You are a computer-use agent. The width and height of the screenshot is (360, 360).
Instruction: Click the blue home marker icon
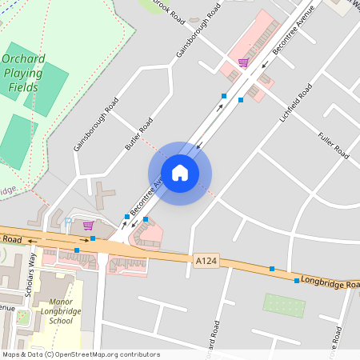click(180, 173)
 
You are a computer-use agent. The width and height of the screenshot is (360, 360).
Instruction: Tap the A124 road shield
click(205, 260)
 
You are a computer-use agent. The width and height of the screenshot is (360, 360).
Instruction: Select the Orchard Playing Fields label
click(34, 73)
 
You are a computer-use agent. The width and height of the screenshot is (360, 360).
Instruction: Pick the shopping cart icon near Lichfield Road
click(243, 62)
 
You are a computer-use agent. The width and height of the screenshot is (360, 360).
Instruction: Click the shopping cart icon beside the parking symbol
click(88, 226)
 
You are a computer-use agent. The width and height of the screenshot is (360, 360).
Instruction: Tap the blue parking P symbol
click(68, 222)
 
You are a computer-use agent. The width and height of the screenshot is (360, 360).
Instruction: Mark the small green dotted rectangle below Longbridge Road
click(284, 305)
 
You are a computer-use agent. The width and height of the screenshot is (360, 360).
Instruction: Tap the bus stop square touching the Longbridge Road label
click(296, 281)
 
